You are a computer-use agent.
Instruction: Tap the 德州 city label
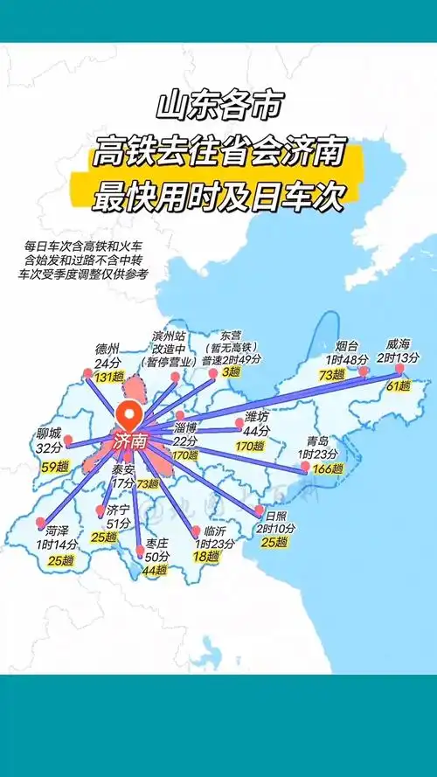click(108, 350)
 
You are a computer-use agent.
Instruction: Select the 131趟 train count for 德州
click(109, 377)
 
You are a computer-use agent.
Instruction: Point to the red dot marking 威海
click(399, 369)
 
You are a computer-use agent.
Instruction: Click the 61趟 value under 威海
click(398, 385)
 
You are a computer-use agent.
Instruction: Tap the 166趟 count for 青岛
click(327, 468)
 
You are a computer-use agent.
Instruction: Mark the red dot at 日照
click(259, 509)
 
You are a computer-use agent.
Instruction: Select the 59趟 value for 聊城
click(54, 467)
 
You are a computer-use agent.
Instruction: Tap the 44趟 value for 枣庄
click(154, 570)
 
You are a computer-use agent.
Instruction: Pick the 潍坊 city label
click(256, 416)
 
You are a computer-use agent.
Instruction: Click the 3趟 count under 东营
click(231, 372)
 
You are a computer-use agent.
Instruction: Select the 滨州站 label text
click(170, 336)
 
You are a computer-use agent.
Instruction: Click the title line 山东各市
click(218, 107)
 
